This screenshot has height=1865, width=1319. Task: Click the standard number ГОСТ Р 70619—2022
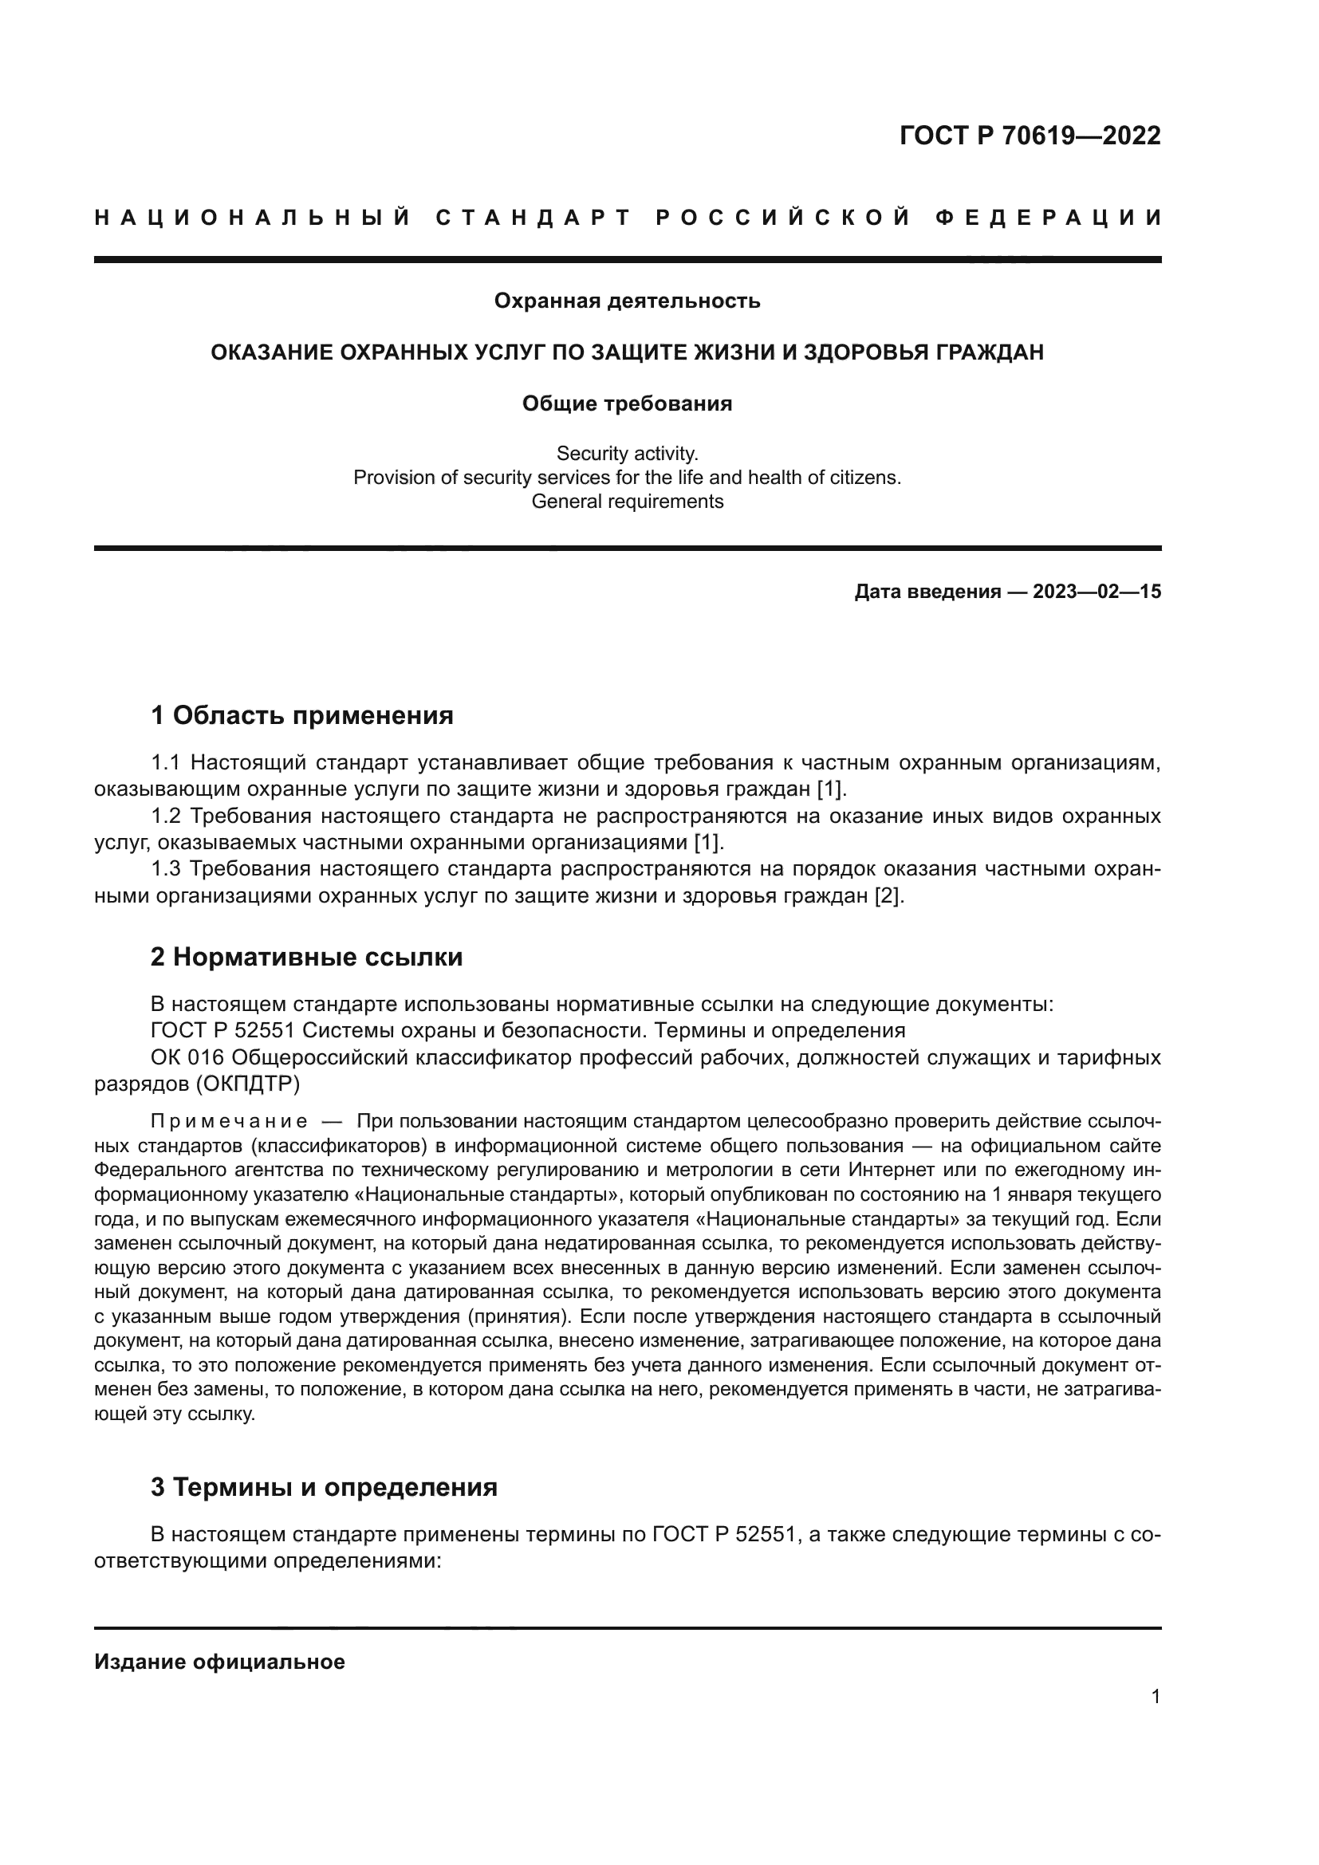point(1030,136)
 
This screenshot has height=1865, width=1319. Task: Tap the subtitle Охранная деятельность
point(627,301)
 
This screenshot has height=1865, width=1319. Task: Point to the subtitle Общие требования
point(627,403)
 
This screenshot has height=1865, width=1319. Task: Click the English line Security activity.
point(627,453)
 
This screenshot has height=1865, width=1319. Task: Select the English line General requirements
point(627,502)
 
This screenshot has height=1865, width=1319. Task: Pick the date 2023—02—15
point(1097,592)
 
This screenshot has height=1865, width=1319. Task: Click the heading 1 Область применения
point(301,715)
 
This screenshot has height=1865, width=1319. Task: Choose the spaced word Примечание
point(229,1122)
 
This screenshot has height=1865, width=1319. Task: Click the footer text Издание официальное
point(219,1662)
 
